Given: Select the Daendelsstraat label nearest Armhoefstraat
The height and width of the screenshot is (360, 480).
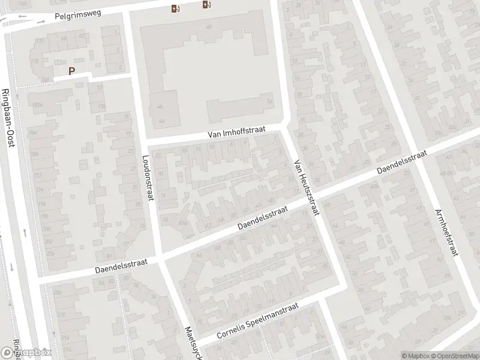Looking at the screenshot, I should (402, 163).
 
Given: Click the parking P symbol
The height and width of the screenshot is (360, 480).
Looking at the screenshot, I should (72, 71).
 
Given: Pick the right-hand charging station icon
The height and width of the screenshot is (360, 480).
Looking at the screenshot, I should (207, 5).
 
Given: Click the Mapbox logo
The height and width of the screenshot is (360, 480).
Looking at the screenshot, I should (26, 352).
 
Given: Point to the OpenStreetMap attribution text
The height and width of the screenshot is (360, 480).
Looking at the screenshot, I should (454, 355).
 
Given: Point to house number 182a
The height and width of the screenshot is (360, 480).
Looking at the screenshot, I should (38, 104).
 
